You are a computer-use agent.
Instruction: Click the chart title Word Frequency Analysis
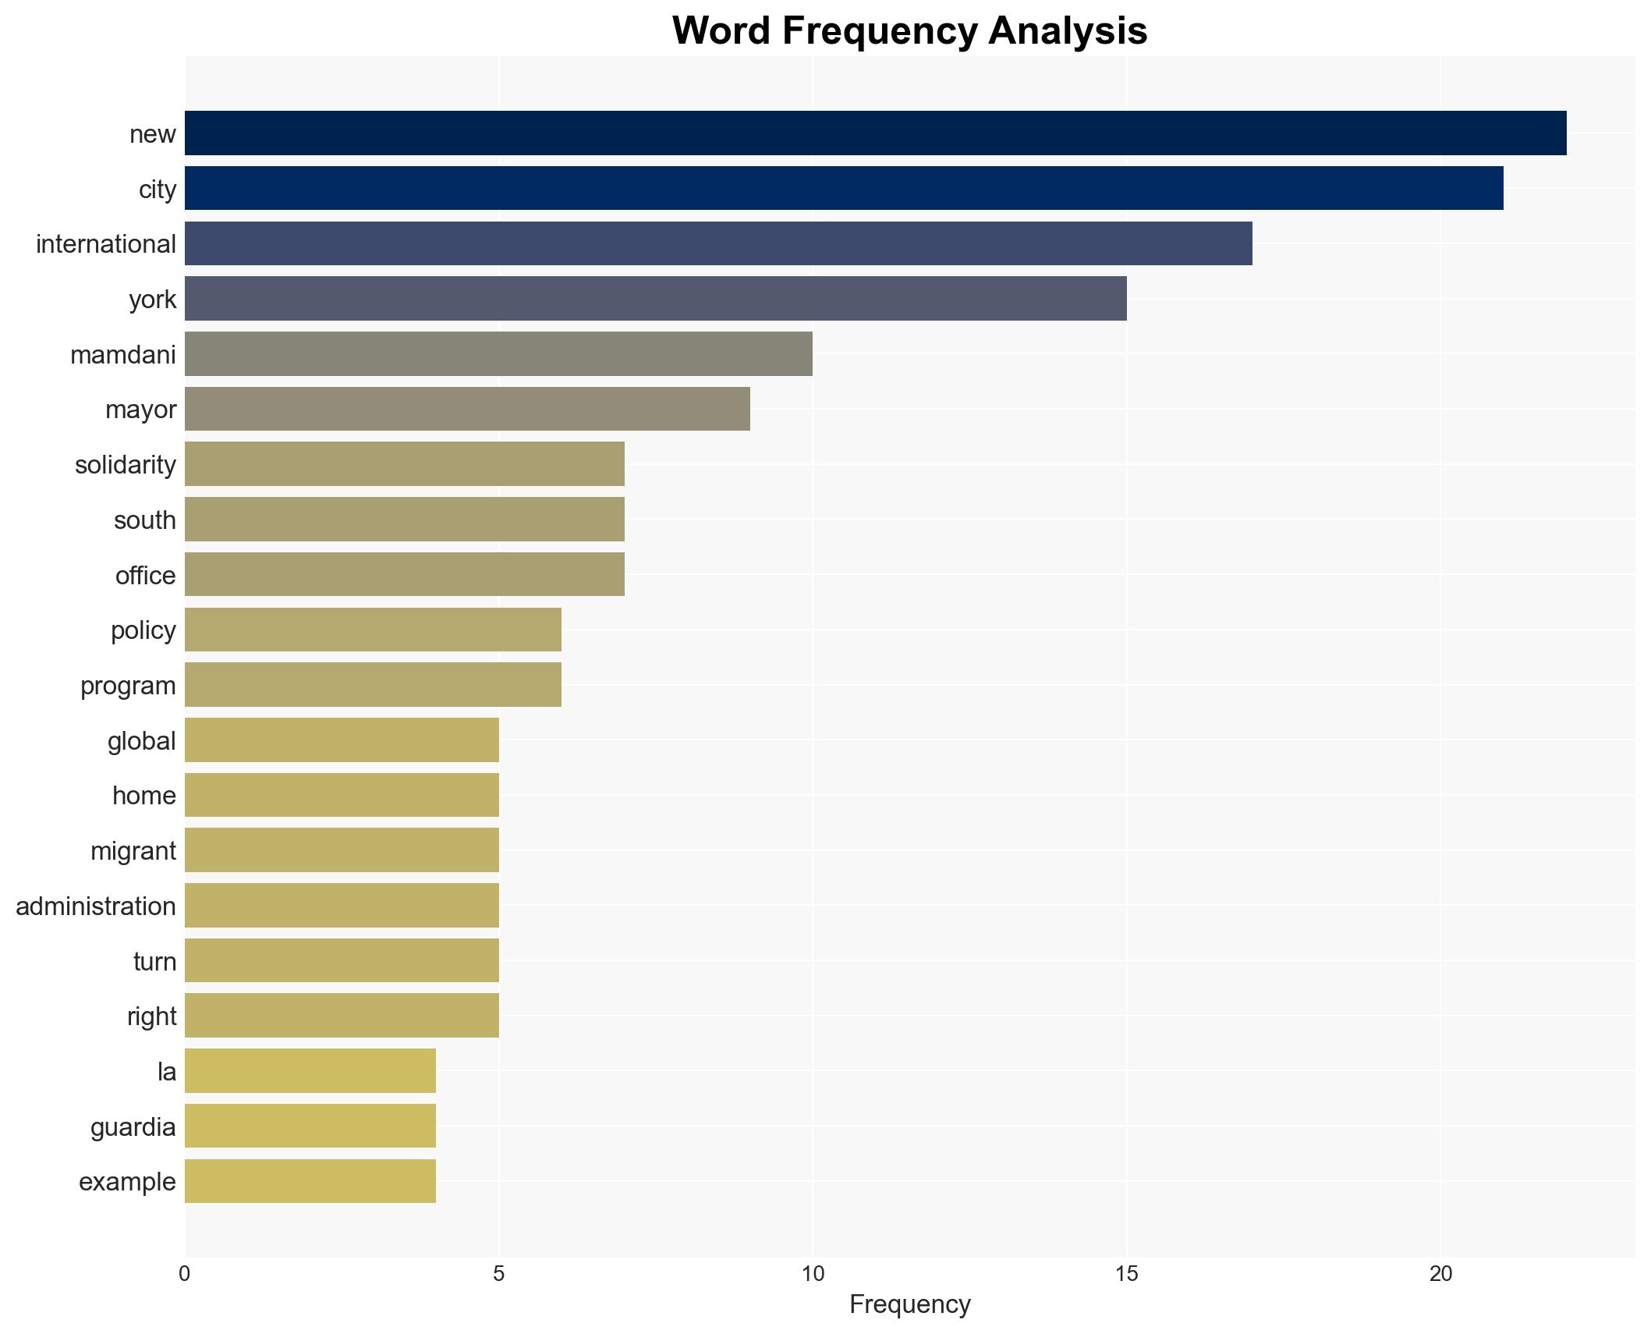[x=909, y=31]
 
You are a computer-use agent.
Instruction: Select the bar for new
[x=875, y=133]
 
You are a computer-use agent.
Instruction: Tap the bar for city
[x=844, y=189]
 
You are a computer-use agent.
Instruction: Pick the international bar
[x=718, y=243]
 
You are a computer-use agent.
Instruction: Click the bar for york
[x=655, y=299]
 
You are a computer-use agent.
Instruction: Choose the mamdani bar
[x=498, y=354]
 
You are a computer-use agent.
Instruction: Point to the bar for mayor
[x=467, y=409]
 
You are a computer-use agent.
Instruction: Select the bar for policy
[x=373, y=630]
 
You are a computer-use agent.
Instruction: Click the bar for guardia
[x=310, y=1126]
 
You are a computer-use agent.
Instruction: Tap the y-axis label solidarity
[x=126, y=465]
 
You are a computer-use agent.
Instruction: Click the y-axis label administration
[x=96, y=906]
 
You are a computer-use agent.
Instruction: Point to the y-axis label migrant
[x=133, y=850]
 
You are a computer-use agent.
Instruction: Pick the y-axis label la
[x=167, y=1071]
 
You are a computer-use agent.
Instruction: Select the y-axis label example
[x=127, y=1181]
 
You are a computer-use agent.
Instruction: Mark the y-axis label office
[x=146, y=575]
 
